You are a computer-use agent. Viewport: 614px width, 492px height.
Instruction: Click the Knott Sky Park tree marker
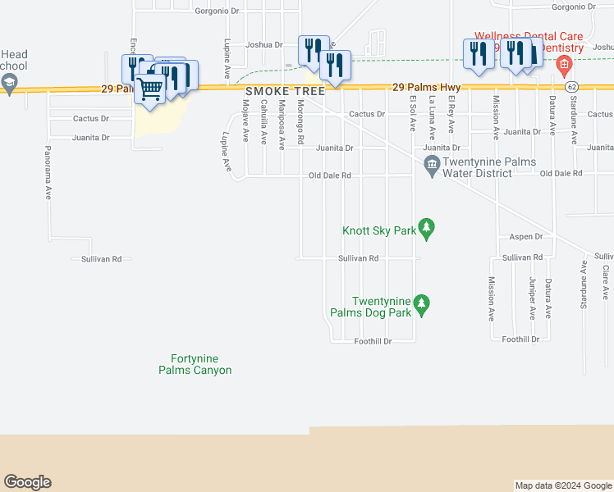point(426,227)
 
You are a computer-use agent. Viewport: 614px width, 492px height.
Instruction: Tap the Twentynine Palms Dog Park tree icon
point(422,305)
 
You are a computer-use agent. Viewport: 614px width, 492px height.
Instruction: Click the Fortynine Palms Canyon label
point(195,364)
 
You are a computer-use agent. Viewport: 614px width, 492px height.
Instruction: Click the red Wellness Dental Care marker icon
point(563,63)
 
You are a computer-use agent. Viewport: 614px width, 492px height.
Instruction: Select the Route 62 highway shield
point(571,86)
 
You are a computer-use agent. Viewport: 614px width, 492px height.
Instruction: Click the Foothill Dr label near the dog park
point(373,341)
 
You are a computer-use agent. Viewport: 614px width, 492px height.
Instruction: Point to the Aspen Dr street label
point(526,237)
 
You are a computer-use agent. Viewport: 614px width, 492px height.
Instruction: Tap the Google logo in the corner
point(27,482)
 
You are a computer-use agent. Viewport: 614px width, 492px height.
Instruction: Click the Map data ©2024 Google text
point(562,485)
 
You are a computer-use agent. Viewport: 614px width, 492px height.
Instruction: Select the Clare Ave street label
point(606,281)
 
